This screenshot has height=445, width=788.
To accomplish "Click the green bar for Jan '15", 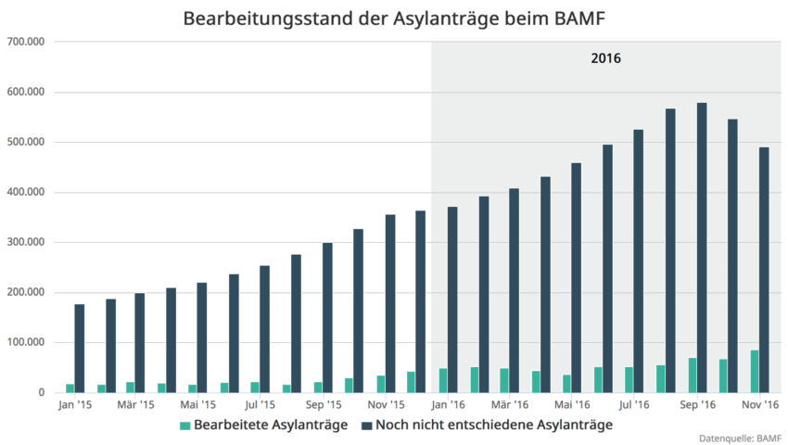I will click(x=70, y=388).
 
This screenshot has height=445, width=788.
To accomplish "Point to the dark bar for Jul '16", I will click(x=639, y=261).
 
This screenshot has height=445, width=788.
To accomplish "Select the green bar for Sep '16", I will click(x=692, y=375).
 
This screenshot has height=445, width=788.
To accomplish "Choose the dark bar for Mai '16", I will click(x=576, y=277).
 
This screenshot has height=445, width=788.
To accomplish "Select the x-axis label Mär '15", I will click(x=135, y=405).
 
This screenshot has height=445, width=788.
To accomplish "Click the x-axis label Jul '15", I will click(x=261, y=405).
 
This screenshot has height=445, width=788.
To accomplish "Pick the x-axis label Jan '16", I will click(x=449, y=405).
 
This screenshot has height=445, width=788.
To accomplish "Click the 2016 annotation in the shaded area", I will click(x=605, y=58).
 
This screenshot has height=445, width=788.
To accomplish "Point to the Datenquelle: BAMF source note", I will click(x=742, y=438).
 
